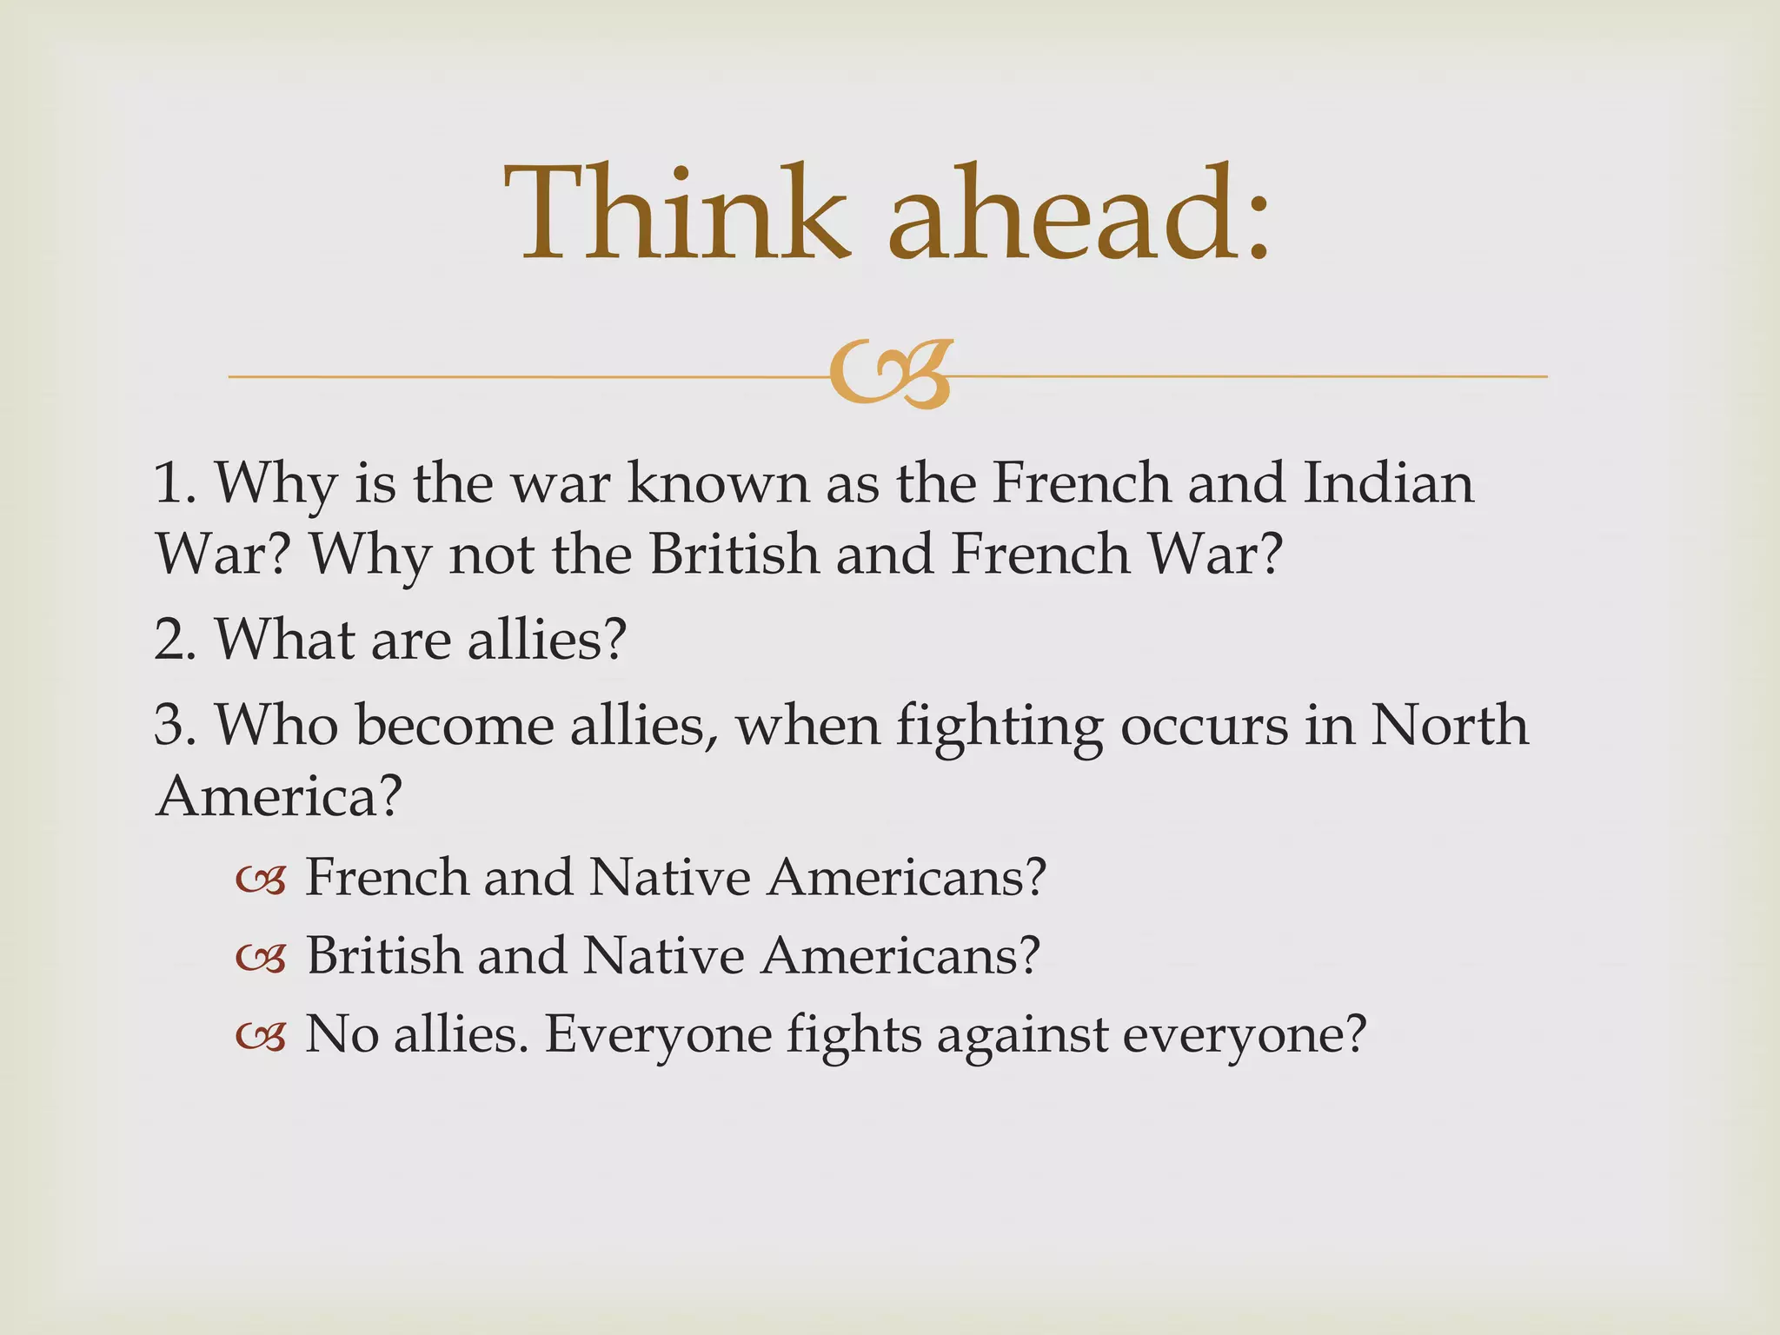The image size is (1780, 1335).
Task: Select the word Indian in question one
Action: [1388, 483]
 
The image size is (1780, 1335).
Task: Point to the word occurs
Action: [1204, 727]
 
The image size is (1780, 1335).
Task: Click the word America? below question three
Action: [279, 795]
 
